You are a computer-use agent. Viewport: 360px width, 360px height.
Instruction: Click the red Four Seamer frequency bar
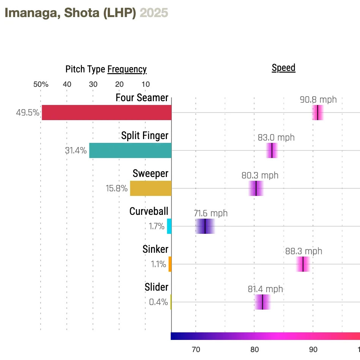coord(107,113)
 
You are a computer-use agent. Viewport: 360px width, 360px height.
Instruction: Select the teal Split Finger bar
coord(130,150)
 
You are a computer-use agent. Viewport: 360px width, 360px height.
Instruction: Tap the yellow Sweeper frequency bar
coord(151,188)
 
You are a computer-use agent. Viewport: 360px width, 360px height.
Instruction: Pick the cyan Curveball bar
coord(169,226)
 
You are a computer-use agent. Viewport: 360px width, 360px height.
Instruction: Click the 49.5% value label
coord(27,113)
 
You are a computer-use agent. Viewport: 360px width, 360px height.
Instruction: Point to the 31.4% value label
coord(75,150)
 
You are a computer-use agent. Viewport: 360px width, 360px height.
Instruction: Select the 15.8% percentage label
coord(116,188)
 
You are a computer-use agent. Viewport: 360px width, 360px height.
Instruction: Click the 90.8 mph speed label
coord(318,100)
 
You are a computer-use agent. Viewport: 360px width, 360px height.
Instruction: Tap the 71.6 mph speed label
coord(211,213)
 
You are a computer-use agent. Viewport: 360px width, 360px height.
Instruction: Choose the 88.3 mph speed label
coord(303,251)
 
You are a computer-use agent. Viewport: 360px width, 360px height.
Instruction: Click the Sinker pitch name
coord(156,249)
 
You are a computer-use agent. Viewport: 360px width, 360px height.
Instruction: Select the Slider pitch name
coord(156,287)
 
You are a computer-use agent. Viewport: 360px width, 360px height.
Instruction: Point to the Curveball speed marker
coord(205,226)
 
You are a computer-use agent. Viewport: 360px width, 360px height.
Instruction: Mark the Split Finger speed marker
coord(272,150)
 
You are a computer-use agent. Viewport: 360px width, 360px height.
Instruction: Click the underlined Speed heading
coord(283,68)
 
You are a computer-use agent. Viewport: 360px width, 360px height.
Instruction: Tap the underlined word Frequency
coord(127,69)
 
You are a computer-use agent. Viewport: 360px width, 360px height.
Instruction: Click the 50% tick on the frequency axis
coord(41,84)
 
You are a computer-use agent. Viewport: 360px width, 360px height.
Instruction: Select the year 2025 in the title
coord(154,13)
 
